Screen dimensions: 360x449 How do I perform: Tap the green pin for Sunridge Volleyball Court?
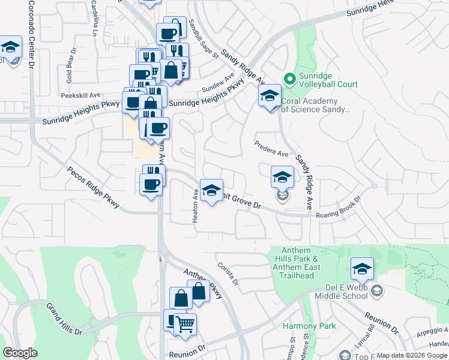click(x=289, y=78)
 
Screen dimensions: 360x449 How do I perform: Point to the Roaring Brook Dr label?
click(x=339, y=208)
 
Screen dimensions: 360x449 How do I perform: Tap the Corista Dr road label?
click(x=229, y=275)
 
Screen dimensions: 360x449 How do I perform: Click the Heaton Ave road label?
click(x=195, y=208)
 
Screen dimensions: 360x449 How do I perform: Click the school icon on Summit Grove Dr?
click(x=211, y=191)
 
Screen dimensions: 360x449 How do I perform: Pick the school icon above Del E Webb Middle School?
click(x=362, y=269)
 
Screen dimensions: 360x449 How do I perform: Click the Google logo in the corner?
click(x=20, y=353)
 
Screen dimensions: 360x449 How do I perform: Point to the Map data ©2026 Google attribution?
click(x=412, y=355)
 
